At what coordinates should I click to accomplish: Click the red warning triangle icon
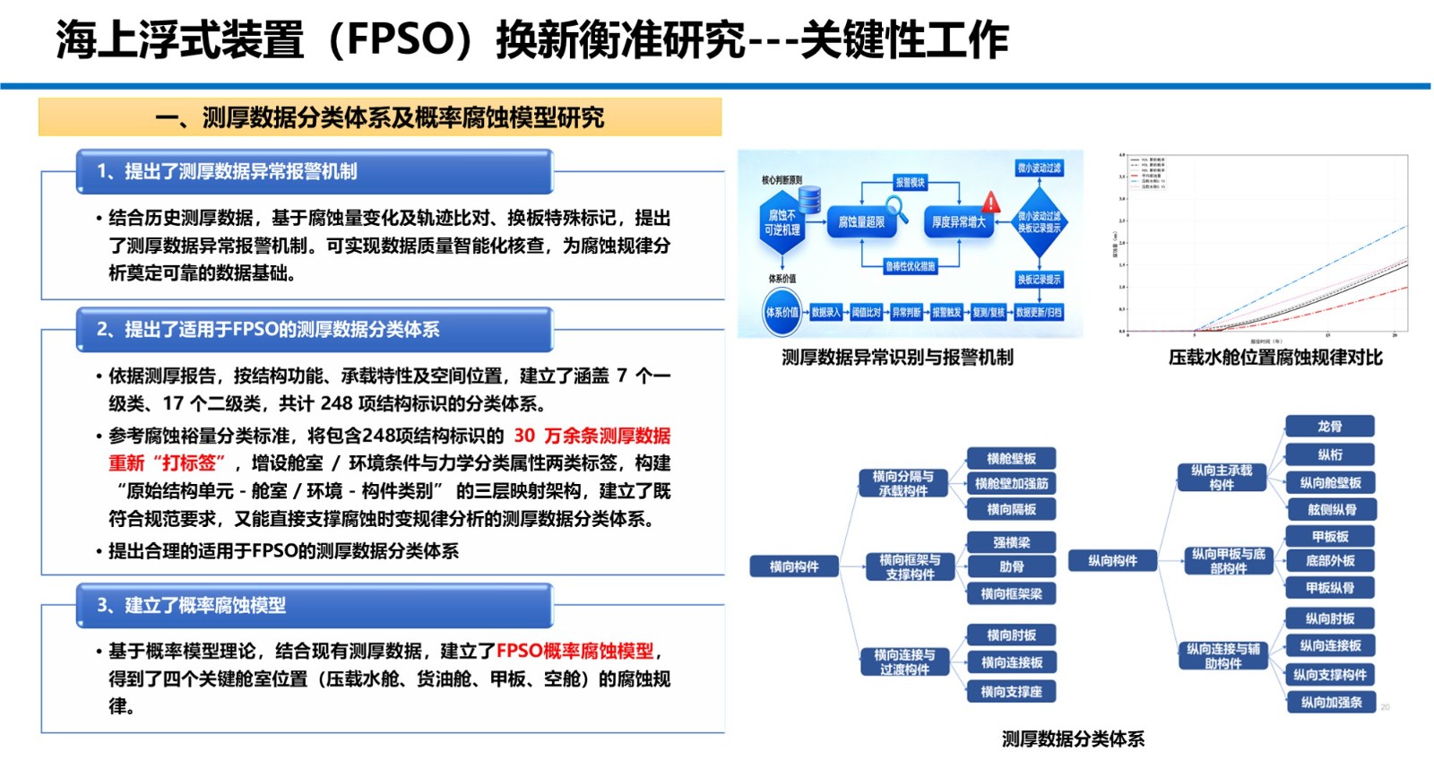click(x=990, y=202)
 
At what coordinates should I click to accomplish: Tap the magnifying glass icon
click(x=896, y=208)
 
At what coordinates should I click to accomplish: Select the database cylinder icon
click(x=809, y=200)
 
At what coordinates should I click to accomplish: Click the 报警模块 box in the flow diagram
click(x=910, y=183)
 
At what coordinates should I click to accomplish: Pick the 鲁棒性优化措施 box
click(x=910, y=266)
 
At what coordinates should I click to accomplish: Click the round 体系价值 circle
click(x=782, y=313)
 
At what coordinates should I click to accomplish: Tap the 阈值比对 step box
click(x=866, y=313)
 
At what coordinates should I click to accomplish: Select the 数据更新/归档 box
click(x=1039, y=313)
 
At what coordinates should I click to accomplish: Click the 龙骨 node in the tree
click(x=1330, y=427)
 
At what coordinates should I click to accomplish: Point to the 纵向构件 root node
click(x=1112, y=561)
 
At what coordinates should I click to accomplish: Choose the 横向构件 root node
click(x=794, y=566)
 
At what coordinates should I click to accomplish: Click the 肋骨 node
click(x=1011, y=566)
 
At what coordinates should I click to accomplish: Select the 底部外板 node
click(x=1330, y=561)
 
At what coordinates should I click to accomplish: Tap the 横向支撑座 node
click(x=1011, y=692)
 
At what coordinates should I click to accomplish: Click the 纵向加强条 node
click(x=1331, y=703)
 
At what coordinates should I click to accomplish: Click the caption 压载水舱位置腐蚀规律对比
click(x=1274, y=358)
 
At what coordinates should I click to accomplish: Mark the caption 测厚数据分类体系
click(x=1073, y=739)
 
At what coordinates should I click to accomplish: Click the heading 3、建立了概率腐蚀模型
click(x=191, y=606)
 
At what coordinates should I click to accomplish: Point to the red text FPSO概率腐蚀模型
click(x=575, y=651)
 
